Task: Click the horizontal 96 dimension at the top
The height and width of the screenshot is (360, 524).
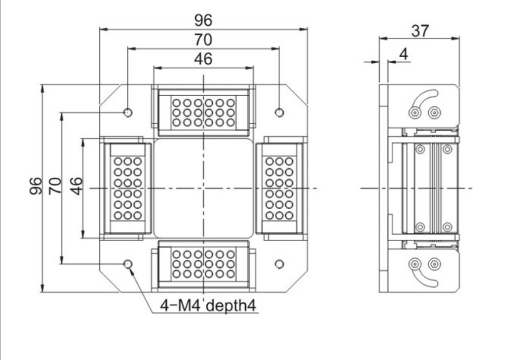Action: point(204,20)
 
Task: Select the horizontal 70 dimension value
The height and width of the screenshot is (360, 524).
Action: point(204,39)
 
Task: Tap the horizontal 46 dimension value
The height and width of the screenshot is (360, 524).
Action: point(204,59)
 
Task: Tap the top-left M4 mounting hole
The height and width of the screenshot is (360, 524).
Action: point(128,112)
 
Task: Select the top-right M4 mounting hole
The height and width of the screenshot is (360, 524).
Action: point(279,112)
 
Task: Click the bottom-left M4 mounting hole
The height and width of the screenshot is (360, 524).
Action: point(128,263)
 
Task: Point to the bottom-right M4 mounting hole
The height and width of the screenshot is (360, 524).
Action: point(279,263)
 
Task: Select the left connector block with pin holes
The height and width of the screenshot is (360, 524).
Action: point(127,188)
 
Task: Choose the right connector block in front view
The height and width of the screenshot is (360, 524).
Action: point(279,188)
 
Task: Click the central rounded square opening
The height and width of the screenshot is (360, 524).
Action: point(204,188)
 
